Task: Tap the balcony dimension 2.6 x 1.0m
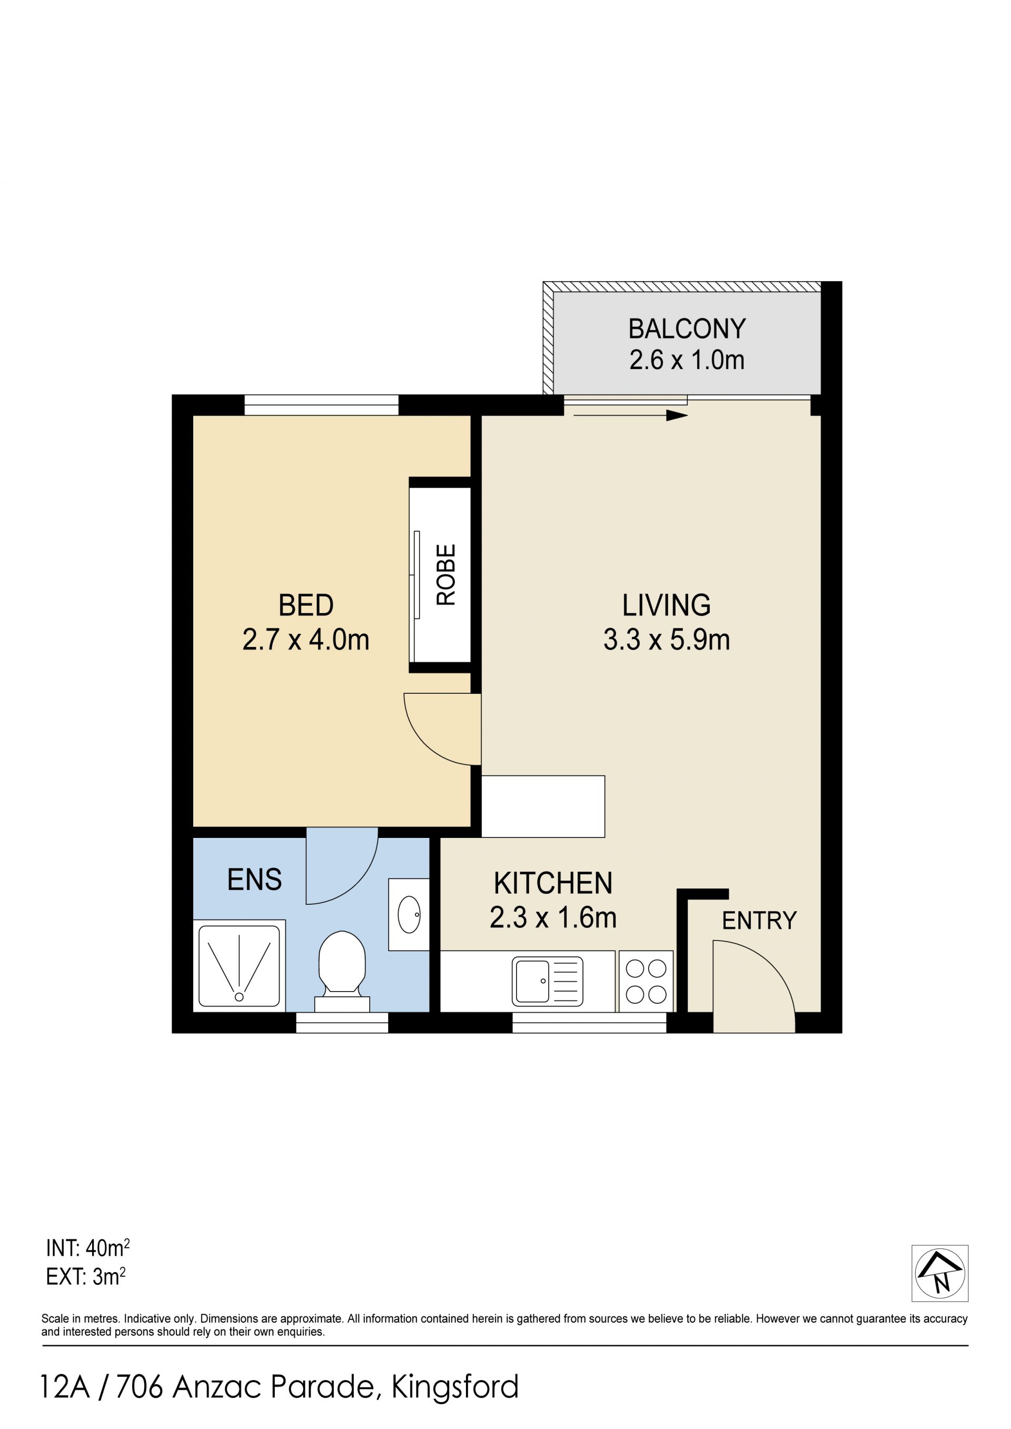point(687,361)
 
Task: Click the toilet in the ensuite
point(342,971)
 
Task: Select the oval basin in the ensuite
point(409,914)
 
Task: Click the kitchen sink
point(547,982)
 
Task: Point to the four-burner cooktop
point(646,981)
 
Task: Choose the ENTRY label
point(759,921)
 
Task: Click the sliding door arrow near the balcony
point(630,415)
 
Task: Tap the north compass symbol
point(940,1273)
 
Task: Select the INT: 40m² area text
point(88,1247)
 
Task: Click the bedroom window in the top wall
point(321,405)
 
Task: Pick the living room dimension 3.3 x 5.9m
point(666,640)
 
